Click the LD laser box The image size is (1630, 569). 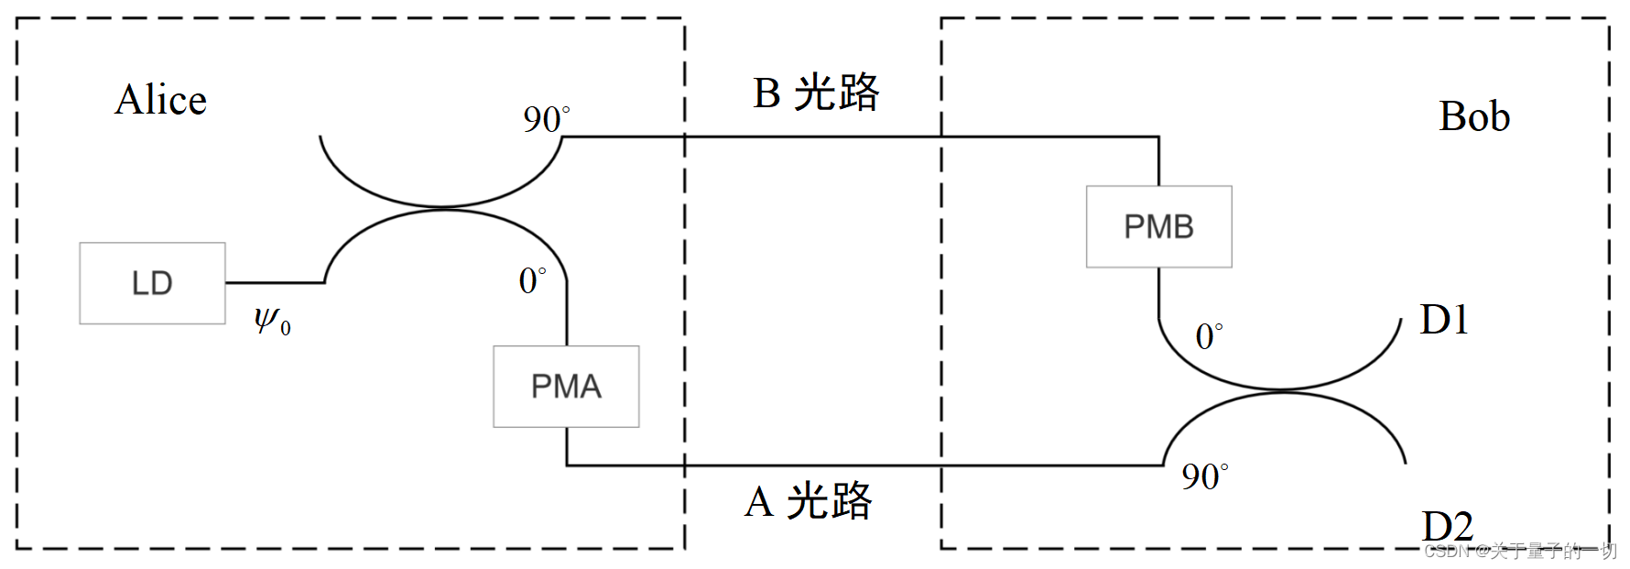[x=152, y=283]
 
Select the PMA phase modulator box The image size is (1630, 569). [x=566, y=386]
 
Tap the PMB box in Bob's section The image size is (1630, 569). [x=1158, y=226]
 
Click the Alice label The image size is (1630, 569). [x=161, y=100]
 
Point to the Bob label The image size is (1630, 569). [x=1473, y=116]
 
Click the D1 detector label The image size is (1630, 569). [x=1444, y=320]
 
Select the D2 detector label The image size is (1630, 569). [x=1447, y=526]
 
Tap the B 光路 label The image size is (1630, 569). [x=816, y=93]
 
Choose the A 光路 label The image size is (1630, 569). [x=809, y=502]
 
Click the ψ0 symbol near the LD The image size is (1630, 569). [x=272, y=321]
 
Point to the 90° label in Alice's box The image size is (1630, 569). [x=546, y=119]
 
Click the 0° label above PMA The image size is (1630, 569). [x=532, y=280]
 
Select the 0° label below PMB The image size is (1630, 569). [x=1209, y=336]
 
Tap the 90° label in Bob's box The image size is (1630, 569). [x=1204, y=476]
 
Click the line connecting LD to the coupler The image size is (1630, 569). [x=275, y=283]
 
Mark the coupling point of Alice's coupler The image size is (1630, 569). [x=443, y=208]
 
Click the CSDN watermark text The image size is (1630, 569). [x=1520, y=551]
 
